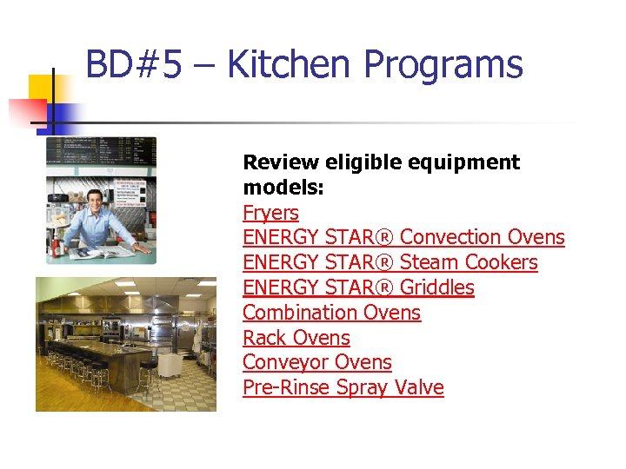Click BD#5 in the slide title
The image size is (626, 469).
[x=134, y=64]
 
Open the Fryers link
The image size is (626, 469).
[x=270, y=213]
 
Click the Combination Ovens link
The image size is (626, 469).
[x=331, y=313]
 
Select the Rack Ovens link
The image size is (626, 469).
[x=296, y=338]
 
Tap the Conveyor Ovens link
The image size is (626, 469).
[x=316, y=362]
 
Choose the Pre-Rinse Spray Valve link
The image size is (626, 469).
[x=343, y=387]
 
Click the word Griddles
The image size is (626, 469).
[x=437, y=287]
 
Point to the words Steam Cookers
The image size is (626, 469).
[x=469, y=262]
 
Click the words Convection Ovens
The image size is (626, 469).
[x=483, y=237]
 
